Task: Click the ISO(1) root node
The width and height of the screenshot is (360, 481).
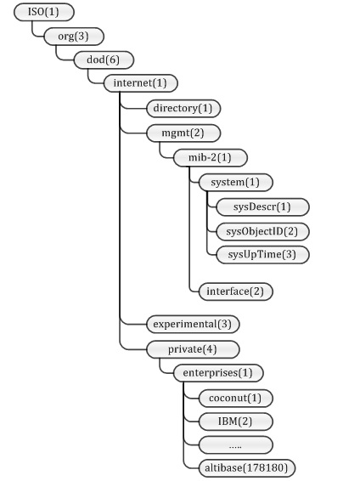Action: [x=44, y=12]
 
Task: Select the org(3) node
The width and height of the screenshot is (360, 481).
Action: [x=74, y=37]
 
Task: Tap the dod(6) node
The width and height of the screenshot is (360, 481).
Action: [x=104, y=59]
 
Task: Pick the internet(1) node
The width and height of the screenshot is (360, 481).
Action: [x=141, y=83]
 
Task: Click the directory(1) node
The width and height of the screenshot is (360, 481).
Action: [x=183, y=108]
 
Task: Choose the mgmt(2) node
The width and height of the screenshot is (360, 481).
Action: [x=183, y=133]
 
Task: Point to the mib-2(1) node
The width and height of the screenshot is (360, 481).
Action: [x=211, y=158]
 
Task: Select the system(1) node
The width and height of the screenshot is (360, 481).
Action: [x=235, y=183]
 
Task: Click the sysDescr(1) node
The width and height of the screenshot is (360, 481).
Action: [x=262, y=207]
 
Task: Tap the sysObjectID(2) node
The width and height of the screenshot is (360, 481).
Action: [x=262, y=232]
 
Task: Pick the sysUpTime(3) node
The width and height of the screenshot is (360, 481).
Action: [x=262, y=255]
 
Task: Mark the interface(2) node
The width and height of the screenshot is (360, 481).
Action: [x=235, y=291]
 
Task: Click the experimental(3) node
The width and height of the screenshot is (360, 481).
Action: [x=193, y=325]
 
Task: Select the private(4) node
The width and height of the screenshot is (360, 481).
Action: [x=193, y=349]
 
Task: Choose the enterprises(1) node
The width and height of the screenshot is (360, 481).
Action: [x=218, y=373]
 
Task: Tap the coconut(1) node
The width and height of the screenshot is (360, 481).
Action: [x=235, y=399]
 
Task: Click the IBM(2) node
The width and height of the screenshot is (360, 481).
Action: [x=235, y=422]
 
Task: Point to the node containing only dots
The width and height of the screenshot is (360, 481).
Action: [x=235, y=444]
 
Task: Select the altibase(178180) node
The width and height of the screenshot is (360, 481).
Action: [x=247, y=468]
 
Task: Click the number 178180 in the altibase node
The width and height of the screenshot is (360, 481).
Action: [x=265, y=468]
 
